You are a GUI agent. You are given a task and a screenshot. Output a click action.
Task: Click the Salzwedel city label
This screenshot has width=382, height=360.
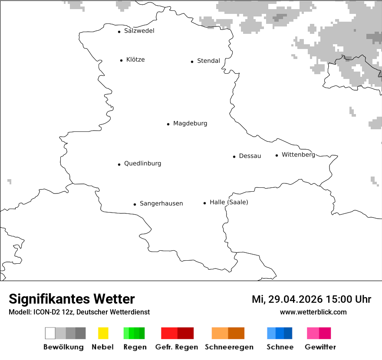[139, 31]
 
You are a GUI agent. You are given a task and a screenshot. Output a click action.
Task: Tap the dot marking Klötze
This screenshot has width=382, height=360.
[121, 60]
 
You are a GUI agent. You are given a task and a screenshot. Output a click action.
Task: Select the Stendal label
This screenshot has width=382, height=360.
[208, 61]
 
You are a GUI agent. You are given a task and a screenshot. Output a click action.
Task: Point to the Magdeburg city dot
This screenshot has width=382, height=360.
[168, 124]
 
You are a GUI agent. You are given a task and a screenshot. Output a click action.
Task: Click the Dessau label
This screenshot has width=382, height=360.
[250, 156]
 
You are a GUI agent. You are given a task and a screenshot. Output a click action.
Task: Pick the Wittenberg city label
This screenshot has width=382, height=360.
[298, 155]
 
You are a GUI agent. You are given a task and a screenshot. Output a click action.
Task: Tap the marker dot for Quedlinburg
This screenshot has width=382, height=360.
[119, 164]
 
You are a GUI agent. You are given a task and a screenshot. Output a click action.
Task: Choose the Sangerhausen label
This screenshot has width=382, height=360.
[161, 203]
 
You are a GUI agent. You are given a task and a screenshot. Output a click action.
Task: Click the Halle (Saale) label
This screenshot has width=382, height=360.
[229, 202]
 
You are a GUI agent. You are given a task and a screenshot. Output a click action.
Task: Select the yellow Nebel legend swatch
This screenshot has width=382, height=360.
[103, 333]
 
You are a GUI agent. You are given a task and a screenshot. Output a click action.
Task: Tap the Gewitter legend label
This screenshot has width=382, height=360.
[320, 347]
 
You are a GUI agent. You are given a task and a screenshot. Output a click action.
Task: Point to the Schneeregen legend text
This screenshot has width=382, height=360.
[228, 347]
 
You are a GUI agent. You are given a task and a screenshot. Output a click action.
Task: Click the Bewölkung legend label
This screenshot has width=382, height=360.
[63, 347]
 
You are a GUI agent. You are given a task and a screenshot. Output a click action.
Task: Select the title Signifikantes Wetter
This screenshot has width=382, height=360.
[72, 299]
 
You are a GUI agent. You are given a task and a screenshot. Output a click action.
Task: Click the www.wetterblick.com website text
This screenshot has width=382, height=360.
[313, 312]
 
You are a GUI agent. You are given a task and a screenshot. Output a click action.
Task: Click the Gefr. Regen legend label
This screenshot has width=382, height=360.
[177, 347]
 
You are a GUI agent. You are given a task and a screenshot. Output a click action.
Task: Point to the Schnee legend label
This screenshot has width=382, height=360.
[280, 347]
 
